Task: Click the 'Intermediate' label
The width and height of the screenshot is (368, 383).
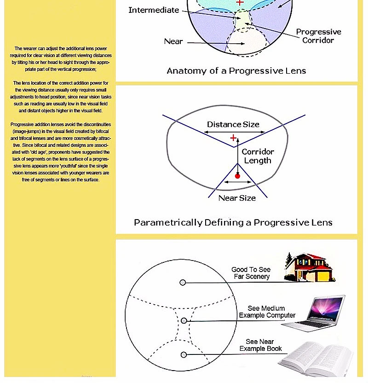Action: click(154, 10)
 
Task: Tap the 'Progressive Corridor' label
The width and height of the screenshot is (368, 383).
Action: click(318, 36)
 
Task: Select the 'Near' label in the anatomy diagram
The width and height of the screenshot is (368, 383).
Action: click(173, 41)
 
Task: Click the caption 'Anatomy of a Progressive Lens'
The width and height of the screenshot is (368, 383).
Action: click(236, 71)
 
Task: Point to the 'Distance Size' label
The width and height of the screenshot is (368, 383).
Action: click(233, 124)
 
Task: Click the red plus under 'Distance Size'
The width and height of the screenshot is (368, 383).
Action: click(233, 138)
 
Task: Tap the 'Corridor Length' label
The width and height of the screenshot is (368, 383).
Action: click(258, 156)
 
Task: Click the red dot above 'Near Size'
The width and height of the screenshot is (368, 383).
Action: click(237, 176)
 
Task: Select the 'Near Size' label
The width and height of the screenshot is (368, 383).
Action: click(237, 198)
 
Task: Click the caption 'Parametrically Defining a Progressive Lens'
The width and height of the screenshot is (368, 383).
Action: click(233, 222)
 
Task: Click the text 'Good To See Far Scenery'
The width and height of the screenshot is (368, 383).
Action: click(251, 273)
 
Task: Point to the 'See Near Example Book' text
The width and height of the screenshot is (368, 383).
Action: click(260, 345)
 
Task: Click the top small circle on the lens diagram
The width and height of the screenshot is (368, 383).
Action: click(183, 282)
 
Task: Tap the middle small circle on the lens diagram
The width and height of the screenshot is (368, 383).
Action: click(184, 320)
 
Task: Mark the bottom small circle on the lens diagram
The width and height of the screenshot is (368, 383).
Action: click(184, 354)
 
